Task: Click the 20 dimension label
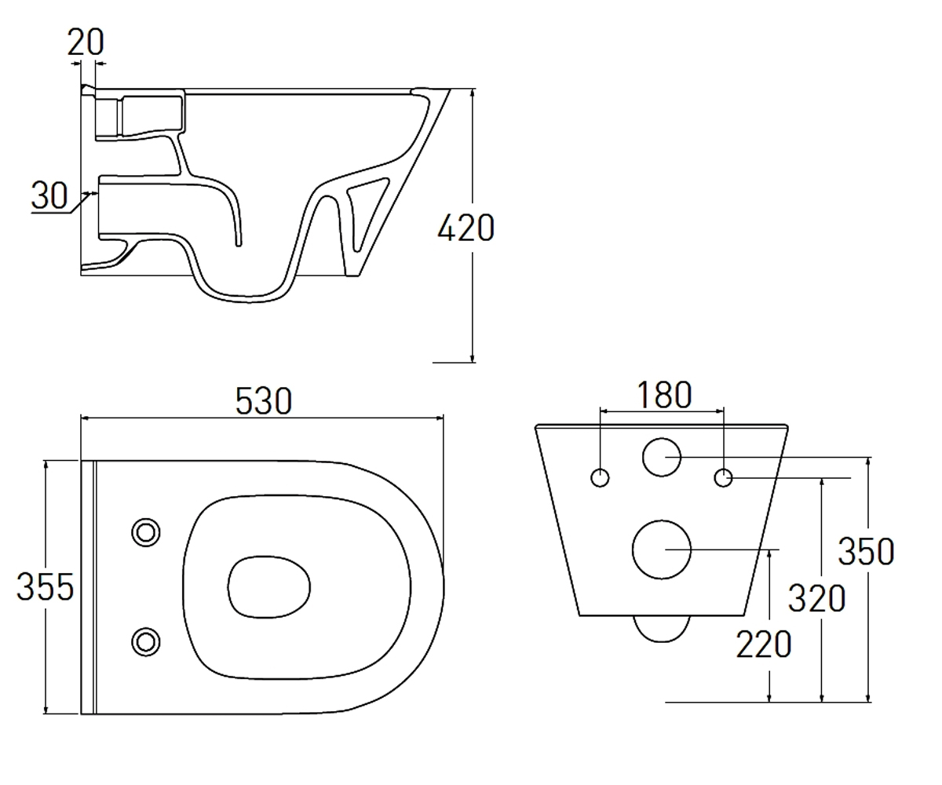coord(86,42)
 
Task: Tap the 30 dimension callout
coord(49,195)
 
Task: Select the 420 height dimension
coord(466,228)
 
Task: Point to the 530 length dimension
coord(264,401)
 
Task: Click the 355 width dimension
coord(45,586)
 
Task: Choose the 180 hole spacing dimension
coord(664,395)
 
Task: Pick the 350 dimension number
coord(866,551)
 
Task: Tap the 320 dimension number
coord(816,597)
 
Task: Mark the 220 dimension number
coord(764,644)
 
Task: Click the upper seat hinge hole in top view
coord(146,532)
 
